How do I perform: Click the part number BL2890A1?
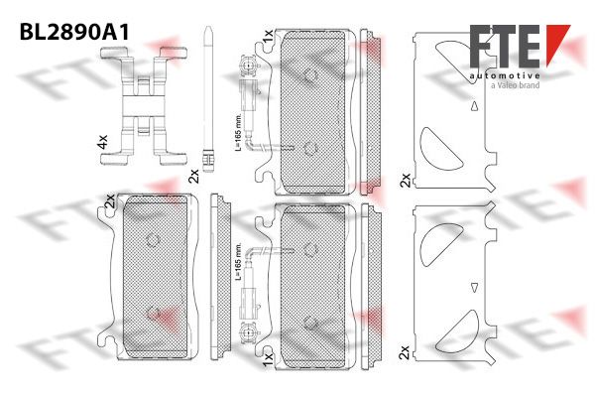click(x=74, y=32)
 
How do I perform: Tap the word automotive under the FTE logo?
click(x=505, y=76)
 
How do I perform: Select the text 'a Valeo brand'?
click(x=515, y=85)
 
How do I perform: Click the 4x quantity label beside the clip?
click(x=103, y=142)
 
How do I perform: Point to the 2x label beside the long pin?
click(x=194, y=177)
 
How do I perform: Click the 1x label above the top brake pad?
click(x=268, y=36)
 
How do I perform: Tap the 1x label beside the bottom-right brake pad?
click(x=268, y=359)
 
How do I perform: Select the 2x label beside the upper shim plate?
click(x=406, y=180)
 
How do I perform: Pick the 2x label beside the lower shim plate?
click(x=405, y=352)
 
